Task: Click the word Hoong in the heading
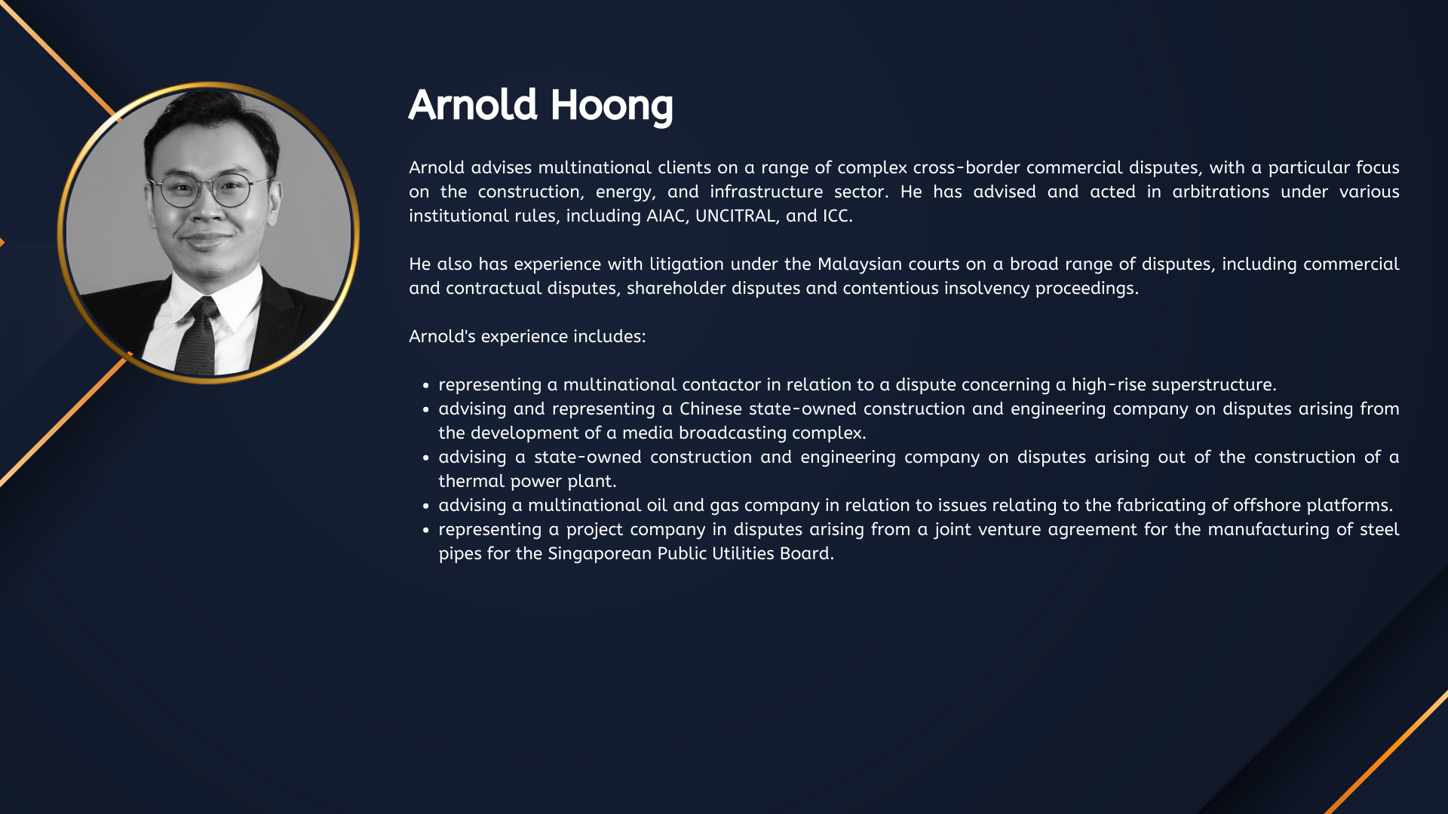click(612, 106)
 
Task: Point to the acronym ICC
click(837, 216)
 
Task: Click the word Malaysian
click(860, 264)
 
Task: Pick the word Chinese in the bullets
click(710, 409)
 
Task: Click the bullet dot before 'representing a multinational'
click(426, 385)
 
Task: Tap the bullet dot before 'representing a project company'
click(426, 530)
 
